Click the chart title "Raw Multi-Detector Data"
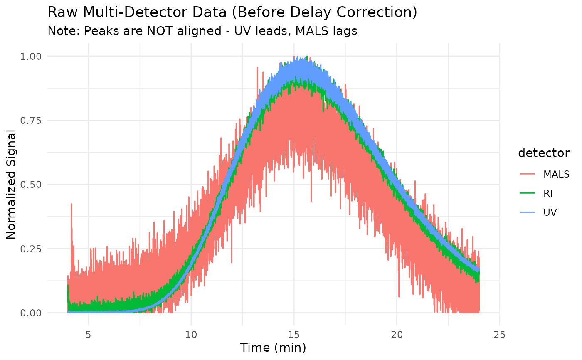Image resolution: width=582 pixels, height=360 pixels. click(x=232, y=12)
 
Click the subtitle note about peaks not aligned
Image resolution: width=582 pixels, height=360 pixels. click(x=202, y=31)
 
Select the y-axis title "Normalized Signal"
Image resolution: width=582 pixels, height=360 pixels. click(x=11, y=184)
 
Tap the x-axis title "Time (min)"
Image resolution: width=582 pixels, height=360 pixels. click(x=273, y=348)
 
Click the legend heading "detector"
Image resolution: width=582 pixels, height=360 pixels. click(x=544, y=153)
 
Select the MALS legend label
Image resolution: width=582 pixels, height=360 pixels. click(x=556, y=174)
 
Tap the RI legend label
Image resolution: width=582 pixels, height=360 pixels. click(x=549, y=193)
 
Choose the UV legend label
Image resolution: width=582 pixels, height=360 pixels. click(x=550, y=212)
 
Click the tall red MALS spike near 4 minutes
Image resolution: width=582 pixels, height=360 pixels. click(x=72, y=206)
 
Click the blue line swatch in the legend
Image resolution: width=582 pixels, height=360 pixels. click(x=527, y=212)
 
